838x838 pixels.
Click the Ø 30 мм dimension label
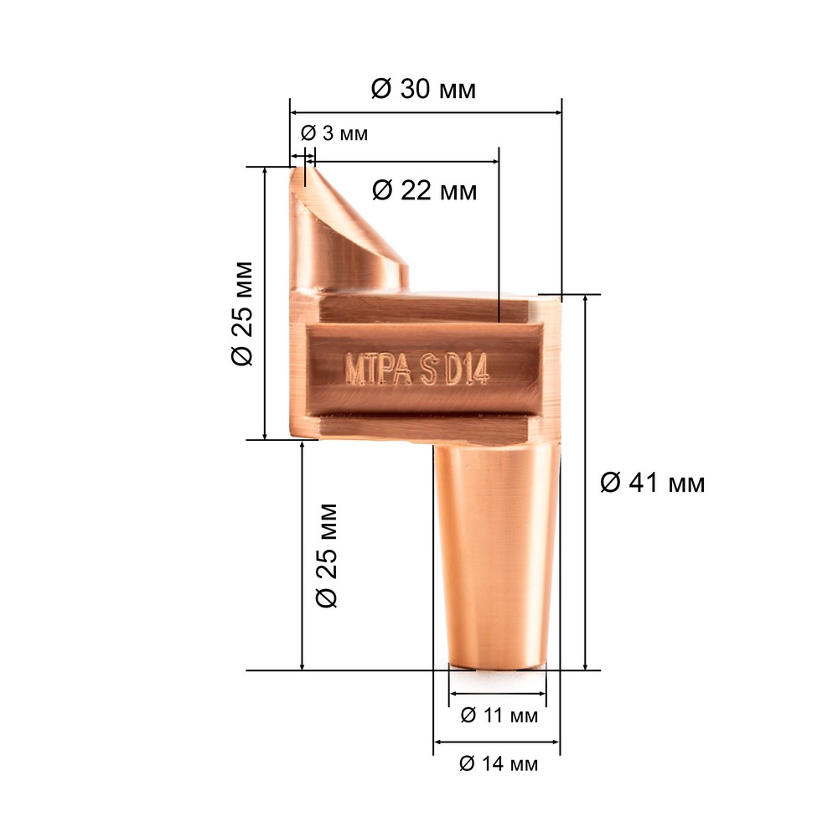pos(423,89)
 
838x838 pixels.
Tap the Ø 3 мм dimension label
pos(334,133)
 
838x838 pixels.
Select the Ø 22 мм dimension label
pos(424,190)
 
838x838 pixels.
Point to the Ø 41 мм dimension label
pos(653,483)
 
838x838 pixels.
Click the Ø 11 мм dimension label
pos(499,715)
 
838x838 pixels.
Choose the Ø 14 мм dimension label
pos(499,763)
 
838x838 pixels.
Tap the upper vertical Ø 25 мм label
pos(242,313)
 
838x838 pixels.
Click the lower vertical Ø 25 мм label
pos(327,556)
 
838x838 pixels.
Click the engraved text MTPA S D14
pos(416,368)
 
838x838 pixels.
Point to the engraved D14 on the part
pos(468,370)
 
